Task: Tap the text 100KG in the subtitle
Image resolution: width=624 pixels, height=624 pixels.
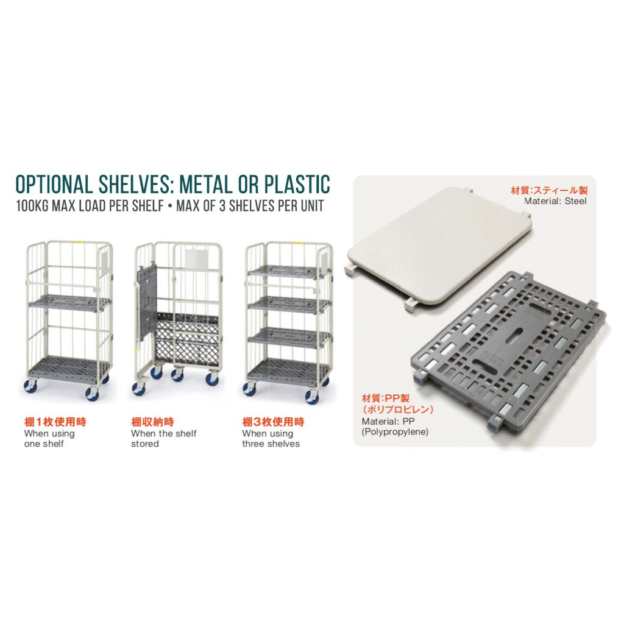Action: [x=32, y=206]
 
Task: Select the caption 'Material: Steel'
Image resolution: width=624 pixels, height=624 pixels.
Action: [x=555, y=201]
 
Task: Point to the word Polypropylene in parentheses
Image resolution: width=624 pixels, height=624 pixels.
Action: [x=395, y=432]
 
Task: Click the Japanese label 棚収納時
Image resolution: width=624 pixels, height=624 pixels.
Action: [x=152, y=422]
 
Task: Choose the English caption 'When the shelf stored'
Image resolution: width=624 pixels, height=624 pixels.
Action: [x=163, y=439]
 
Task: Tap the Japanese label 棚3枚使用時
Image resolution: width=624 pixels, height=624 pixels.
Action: [x=273, y=422]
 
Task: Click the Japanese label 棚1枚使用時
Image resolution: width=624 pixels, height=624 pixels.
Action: [x=55, y=422]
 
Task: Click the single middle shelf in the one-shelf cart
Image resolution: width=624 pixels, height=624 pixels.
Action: [x=70, y=303]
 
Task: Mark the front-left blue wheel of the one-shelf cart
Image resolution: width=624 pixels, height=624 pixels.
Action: [x=30, y=385]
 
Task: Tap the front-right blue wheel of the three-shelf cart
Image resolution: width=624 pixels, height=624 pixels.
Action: [x=311, y=397]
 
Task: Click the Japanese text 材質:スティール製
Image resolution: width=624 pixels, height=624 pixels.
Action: [x=549, y=191]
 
